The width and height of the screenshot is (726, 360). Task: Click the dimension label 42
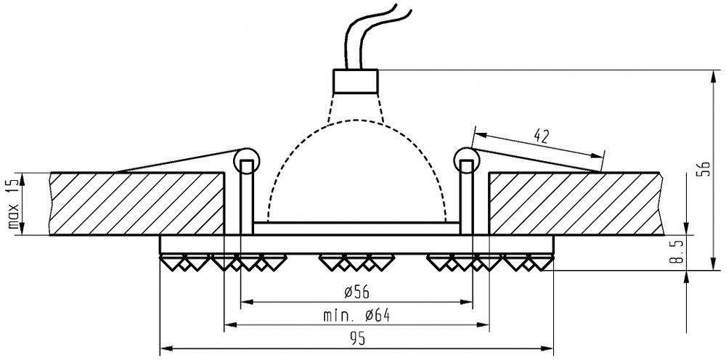tap(539, 135)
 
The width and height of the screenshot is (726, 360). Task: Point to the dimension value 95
tap(355, 339)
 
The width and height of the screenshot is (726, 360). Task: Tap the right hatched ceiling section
tap(574, 203)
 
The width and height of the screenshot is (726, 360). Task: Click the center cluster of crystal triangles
tap(356, 261)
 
